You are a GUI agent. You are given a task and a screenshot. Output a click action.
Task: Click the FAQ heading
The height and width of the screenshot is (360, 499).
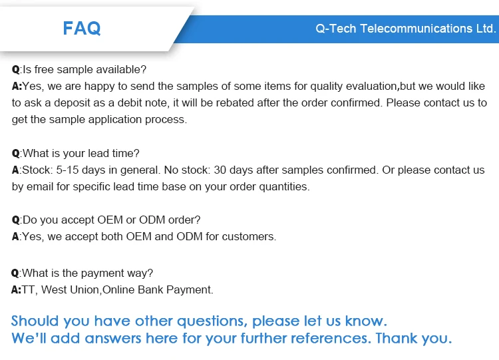[82, 28]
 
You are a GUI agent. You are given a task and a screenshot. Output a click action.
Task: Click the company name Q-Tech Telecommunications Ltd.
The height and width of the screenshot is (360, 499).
[406, 29]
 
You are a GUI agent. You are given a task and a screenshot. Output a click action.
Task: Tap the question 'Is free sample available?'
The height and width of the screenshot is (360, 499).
[84, 69]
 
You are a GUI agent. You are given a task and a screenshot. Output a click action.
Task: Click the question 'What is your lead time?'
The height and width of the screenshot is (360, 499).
[81, 154]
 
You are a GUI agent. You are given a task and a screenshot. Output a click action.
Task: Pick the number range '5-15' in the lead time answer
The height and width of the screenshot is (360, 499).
[67, 170]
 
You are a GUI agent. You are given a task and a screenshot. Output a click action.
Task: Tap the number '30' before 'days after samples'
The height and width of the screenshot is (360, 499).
[220, 170]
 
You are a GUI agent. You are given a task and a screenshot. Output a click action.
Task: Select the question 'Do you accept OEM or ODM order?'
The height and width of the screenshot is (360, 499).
[111, 220]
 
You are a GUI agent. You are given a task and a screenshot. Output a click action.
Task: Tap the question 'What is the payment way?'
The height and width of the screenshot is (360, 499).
[87, 273]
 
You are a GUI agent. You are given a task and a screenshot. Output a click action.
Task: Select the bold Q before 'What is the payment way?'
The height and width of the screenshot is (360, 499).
[15, 273]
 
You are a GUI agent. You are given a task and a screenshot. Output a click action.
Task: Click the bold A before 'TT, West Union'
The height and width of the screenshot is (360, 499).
[15, 289]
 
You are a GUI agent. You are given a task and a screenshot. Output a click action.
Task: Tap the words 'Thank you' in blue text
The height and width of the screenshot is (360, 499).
[414, 338]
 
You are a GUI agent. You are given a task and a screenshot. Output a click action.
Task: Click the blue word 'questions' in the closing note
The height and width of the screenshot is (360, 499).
[212, 321]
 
